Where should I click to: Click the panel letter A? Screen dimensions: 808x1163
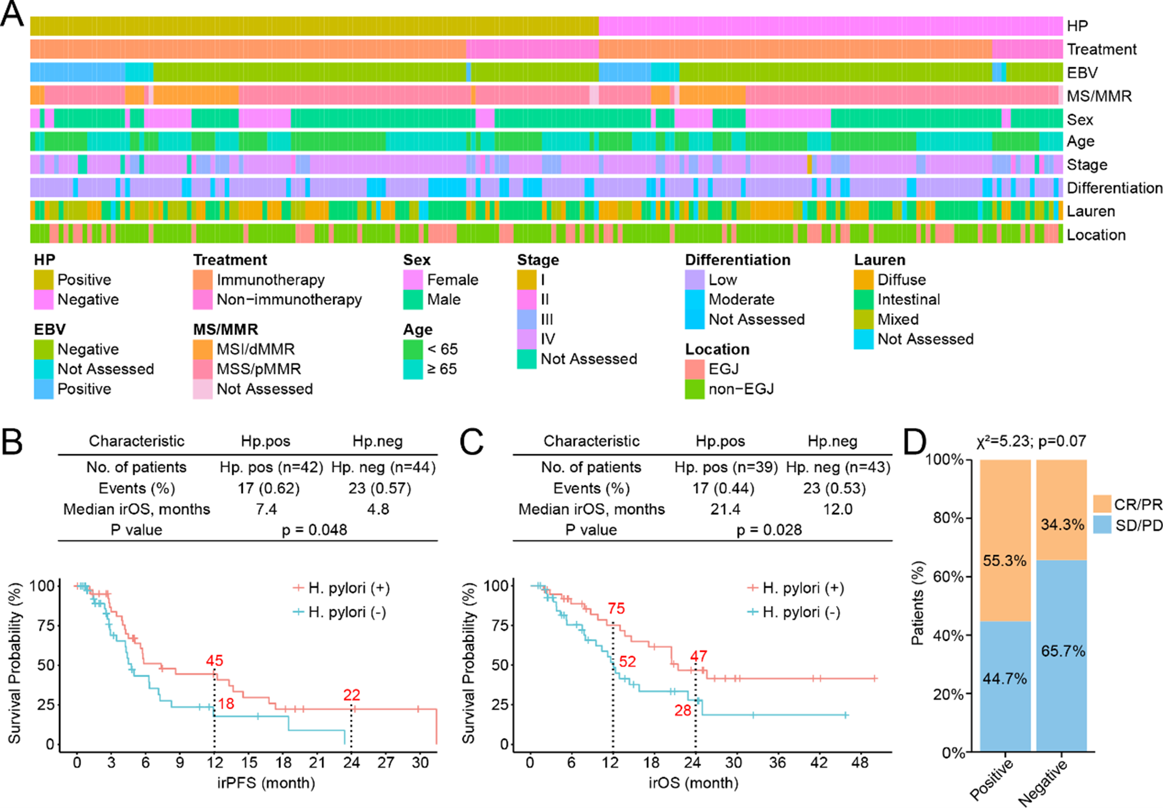click(12, 13)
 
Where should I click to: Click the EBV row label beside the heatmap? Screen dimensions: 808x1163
click(1082, 73)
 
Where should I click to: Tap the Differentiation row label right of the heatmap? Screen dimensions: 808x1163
click(1114, 188)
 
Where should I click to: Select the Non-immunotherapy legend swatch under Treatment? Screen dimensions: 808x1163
click(202, 300)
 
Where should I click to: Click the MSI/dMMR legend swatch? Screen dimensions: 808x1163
click(202, 349)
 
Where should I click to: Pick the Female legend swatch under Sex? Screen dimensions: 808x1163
click(413, 280)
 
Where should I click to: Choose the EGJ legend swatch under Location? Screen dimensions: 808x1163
click(695, 369)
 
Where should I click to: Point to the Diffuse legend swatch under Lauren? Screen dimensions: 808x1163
click(863, 280)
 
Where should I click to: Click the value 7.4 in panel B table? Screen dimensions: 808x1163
click(266, 509)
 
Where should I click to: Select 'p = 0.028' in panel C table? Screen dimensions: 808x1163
click(769, 530)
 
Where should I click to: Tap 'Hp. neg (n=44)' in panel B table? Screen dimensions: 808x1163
click(383, 467)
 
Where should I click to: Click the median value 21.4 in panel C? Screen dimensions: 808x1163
click(725, 509)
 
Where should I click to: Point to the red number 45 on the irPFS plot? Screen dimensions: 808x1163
click(215, 661)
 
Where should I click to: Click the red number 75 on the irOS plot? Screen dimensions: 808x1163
click(616, 609)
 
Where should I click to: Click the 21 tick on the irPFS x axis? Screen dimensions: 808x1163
click(317, 763)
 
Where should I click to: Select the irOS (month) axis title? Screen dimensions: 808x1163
click(693, 783)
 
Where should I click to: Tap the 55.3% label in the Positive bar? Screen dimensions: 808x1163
click(1005, 561)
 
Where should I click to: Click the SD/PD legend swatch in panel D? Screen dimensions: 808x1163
click(1102, 525)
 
